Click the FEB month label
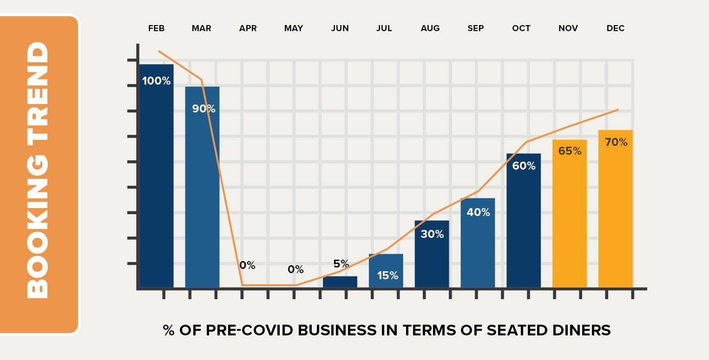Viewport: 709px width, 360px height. point(156,28)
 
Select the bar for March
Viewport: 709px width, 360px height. point(202,195)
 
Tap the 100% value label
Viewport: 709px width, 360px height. point(156,81)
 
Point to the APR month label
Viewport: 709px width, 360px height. point(248,28)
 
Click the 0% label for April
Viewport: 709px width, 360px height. point(247,265)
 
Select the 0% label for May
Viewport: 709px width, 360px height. point(295,269)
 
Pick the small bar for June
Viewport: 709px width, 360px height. point(340,282)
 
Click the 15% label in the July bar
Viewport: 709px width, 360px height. point(387,275)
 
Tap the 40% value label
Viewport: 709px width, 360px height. point(478,212)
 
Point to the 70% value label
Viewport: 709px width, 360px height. point(616,142)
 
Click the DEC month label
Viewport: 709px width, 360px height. point(615,28)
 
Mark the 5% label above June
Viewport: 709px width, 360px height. point(341,264)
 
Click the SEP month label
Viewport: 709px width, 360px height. point(475,28)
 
